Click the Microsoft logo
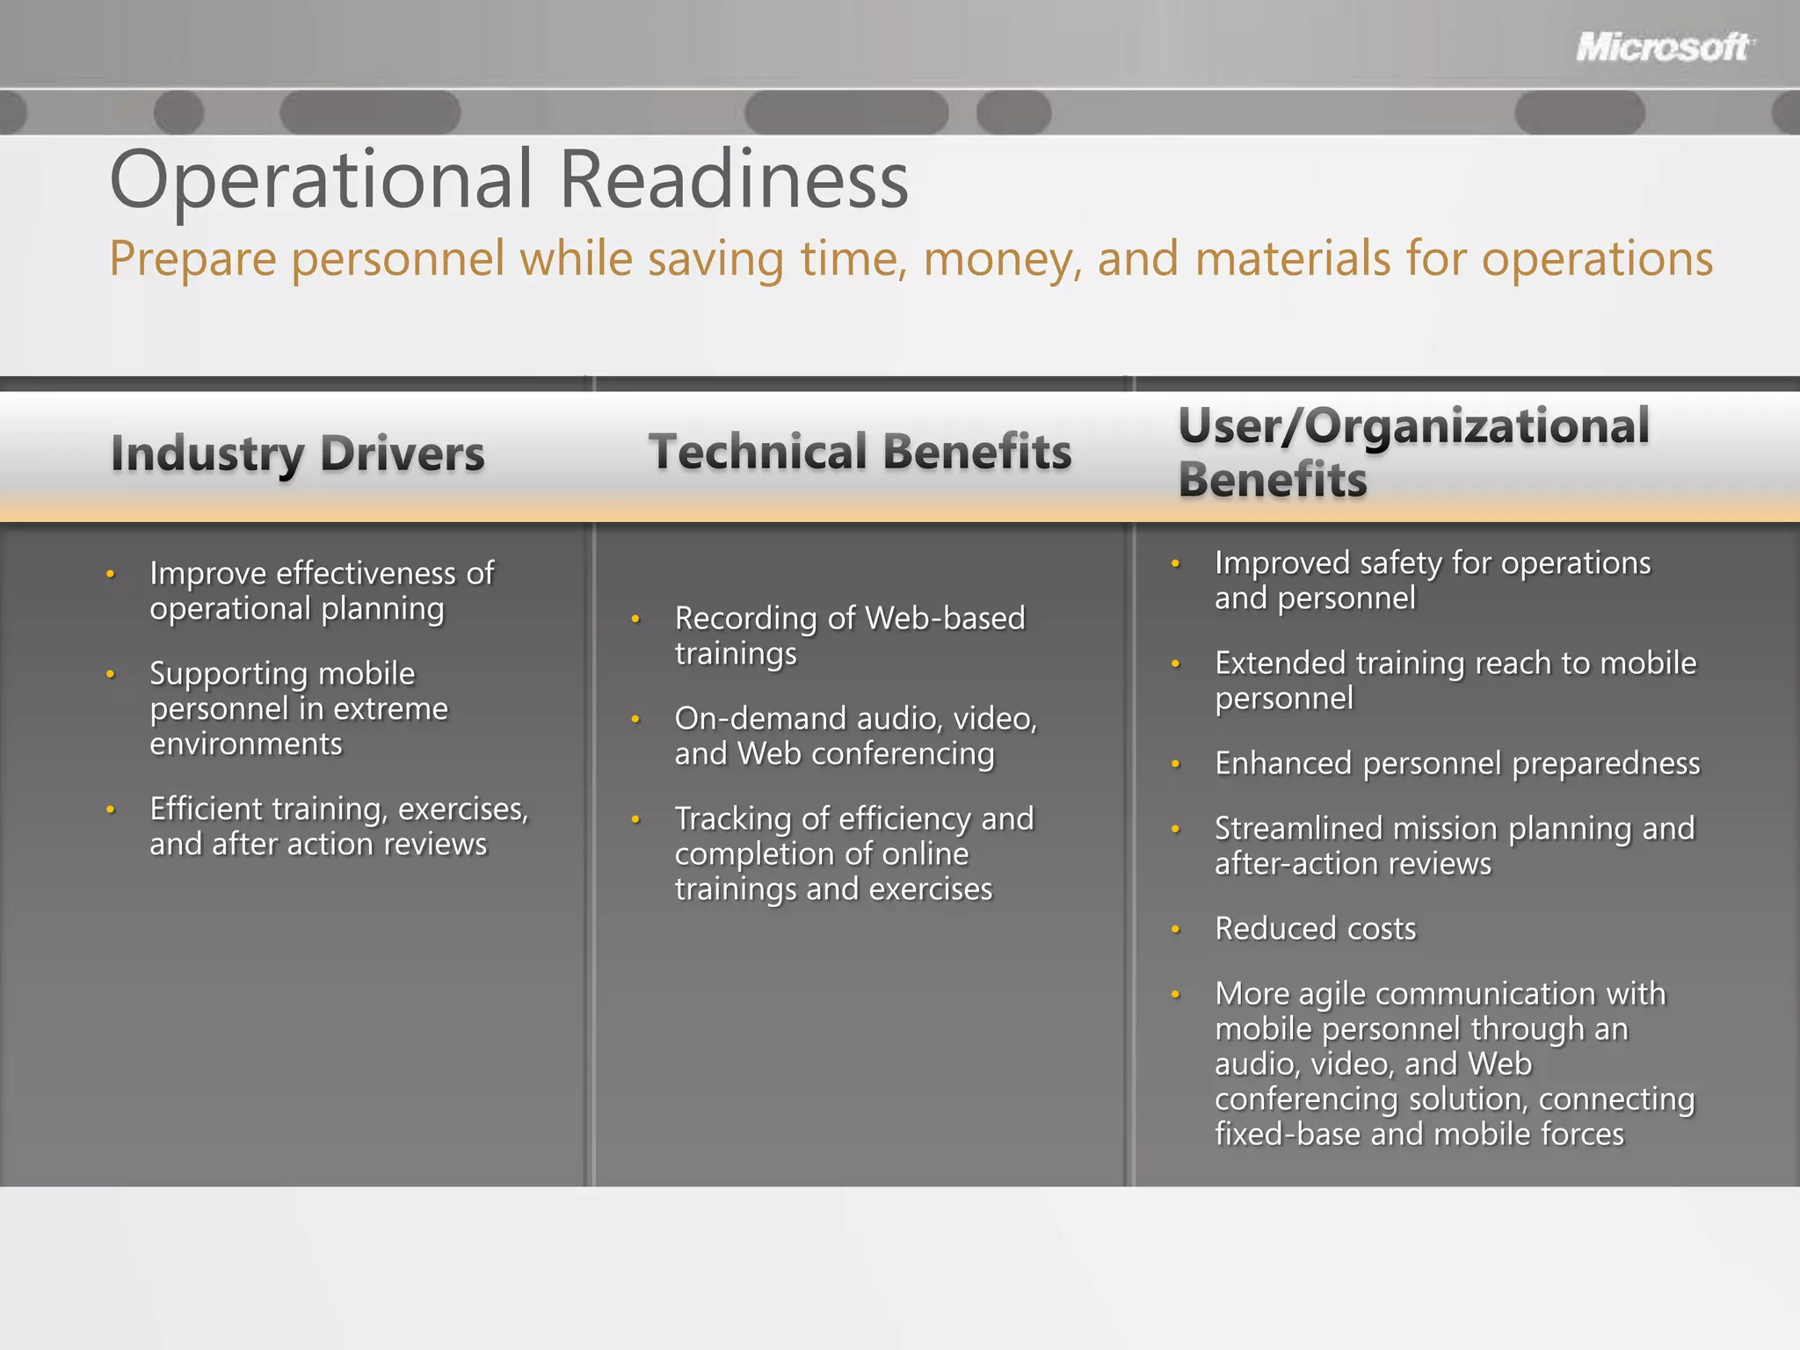[x=1664, y=47]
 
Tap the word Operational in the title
[x=321, y=180]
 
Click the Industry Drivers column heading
[x=297, y=454]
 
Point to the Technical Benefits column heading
[x=860, y=452]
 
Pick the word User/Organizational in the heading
[x=1413, y=426]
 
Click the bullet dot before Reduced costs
[x=1175, y=929]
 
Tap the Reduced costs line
[x=1315, y=929]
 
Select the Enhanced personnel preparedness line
[x=1456, y=764]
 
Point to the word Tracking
[x=733, y=819]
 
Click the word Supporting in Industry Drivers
[x=229, y=673]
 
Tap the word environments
[x=245, y=744]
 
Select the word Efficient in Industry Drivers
[x=207, y=809]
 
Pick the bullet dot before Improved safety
[x=1175, y=563]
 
